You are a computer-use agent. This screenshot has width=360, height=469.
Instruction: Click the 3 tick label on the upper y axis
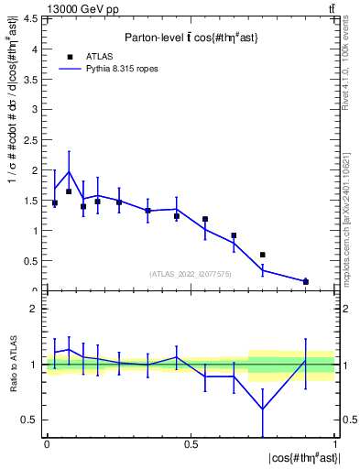click(x=38, y=110)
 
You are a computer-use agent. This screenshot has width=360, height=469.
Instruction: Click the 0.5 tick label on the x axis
click(x=191, y=444)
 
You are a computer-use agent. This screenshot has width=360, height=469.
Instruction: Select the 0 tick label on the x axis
click(x=47, y=444)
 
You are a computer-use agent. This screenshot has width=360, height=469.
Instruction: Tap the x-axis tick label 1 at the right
click(x=334, y=444)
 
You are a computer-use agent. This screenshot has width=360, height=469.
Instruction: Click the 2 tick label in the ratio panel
click(x=38, y=309)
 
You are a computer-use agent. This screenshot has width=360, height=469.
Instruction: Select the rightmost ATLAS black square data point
click(x=306, y=281)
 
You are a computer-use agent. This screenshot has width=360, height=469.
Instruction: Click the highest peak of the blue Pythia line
click(x=69, y=171)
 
